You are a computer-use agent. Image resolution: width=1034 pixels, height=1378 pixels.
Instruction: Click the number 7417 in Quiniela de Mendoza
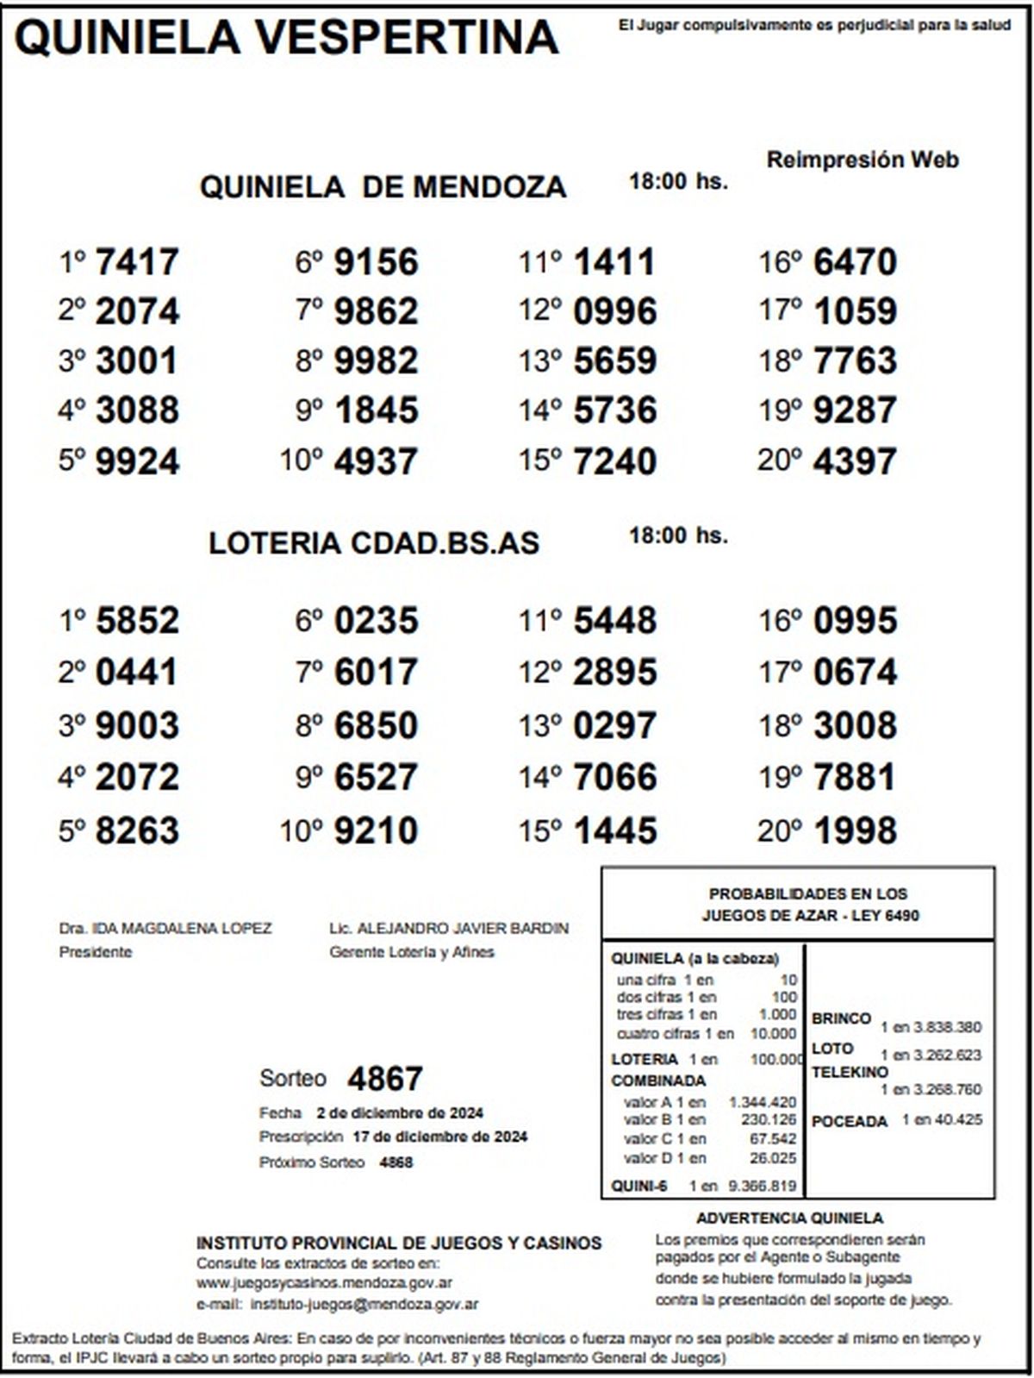click(x=137, y=262)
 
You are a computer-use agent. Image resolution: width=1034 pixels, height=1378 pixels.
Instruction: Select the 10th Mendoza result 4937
click(x=376, y=461)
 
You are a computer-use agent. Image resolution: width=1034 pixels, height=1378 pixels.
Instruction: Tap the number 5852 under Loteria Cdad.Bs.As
click(x=137, y=621)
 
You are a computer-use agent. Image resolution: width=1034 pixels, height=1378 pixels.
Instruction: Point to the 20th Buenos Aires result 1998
click(x=855, y=831)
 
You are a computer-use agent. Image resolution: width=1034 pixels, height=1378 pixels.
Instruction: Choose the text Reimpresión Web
click(x=863, y=160)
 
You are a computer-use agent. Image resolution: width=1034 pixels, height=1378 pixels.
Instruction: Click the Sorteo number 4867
click(x=384, y=1079)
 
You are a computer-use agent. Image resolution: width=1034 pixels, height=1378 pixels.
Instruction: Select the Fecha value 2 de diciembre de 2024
click(x=400, y=1112)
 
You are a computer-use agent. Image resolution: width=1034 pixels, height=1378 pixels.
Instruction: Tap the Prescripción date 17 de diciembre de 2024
click(x=439, y=1137)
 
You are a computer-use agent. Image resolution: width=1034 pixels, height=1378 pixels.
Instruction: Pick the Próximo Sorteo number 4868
click(x=396, y=1162)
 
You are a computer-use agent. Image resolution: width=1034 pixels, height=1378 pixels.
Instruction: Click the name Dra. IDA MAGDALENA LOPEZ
click(x=165, y=929)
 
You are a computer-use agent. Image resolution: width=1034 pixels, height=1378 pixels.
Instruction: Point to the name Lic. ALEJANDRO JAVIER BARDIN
click(x=449, y=929)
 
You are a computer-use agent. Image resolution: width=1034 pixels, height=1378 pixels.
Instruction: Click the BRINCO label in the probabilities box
click(x=841, y=1018)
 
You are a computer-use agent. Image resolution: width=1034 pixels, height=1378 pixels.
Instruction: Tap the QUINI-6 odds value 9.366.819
click(x=763, y=1187)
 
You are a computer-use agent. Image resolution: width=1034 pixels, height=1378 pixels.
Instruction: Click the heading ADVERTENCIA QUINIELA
click(x=789, y=1218)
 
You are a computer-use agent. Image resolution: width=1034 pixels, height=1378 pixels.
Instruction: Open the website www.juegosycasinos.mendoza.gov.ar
click(x=325, y=1283)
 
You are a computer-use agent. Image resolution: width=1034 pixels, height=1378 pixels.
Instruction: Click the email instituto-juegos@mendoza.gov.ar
click(x=364, y=1305)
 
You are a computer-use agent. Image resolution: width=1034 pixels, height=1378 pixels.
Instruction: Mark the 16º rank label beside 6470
click(x=780, y=262)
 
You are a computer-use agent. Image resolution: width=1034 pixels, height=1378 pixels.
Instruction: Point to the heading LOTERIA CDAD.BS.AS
click(x=374, y=543)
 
